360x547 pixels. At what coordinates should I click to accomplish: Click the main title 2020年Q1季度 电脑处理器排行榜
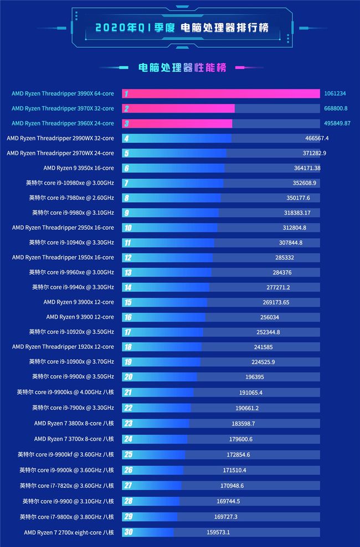click(x=179, y=27)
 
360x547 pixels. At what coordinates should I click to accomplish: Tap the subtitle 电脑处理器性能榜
click(x=182, y=68)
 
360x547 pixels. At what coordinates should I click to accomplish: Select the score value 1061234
click(x=337, y=94)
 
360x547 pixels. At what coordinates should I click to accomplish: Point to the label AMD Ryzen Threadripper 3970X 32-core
click(x=63, y=109)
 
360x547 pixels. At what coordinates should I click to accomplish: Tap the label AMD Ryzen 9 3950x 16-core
click(x=79, y=168)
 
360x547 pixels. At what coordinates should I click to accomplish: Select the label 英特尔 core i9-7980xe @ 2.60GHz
click(x=71, y=198)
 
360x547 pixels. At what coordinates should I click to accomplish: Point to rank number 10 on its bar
click(x=128, y=228)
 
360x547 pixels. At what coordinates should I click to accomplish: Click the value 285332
click(x=285, y=257)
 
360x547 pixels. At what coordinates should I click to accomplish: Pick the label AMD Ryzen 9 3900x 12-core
click(x=79, y=302)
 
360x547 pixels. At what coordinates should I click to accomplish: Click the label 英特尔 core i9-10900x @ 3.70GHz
click(x=71, y=362)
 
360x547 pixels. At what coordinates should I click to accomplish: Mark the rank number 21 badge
click(x=128, y=392)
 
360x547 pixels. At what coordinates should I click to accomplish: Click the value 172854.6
click(x=239, y=455)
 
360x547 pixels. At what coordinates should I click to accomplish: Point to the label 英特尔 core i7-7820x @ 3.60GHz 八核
click(x=67, y=486)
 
